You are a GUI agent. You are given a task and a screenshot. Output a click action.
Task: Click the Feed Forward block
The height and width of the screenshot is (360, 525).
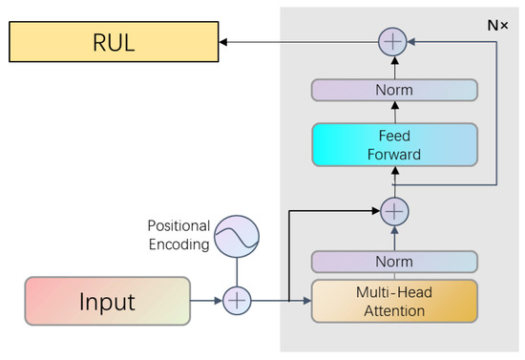[x=393, y=145]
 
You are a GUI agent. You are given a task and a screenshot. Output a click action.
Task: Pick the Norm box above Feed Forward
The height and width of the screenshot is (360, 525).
[x=393, y=91]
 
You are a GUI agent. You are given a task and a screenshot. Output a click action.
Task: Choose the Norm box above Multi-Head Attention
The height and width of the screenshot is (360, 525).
[x=393, y=262]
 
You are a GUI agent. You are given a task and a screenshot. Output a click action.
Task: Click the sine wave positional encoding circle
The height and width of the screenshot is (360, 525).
[x=236, y=238]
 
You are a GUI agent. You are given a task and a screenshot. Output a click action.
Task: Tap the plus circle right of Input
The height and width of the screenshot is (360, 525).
[x=236, y=303]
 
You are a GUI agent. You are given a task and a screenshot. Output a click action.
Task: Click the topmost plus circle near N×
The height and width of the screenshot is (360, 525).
[x=393, y=41]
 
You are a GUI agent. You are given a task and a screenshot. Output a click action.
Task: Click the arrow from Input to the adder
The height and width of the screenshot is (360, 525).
[x=205, y=303]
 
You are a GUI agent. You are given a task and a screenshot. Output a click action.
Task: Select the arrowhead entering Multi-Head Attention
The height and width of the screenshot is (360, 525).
[x=306, y=303]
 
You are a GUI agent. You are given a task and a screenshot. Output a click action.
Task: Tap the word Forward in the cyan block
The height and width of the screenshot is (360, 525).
[x=393, y=155]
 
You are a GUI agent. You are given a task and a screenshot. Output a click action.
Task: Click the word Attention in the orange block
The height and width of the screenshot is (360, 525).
[x=393, y=311]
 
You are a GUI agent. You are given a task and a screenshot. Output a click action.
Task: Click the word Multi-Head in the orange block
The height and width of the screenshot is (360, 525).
[x=393, y=293]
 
